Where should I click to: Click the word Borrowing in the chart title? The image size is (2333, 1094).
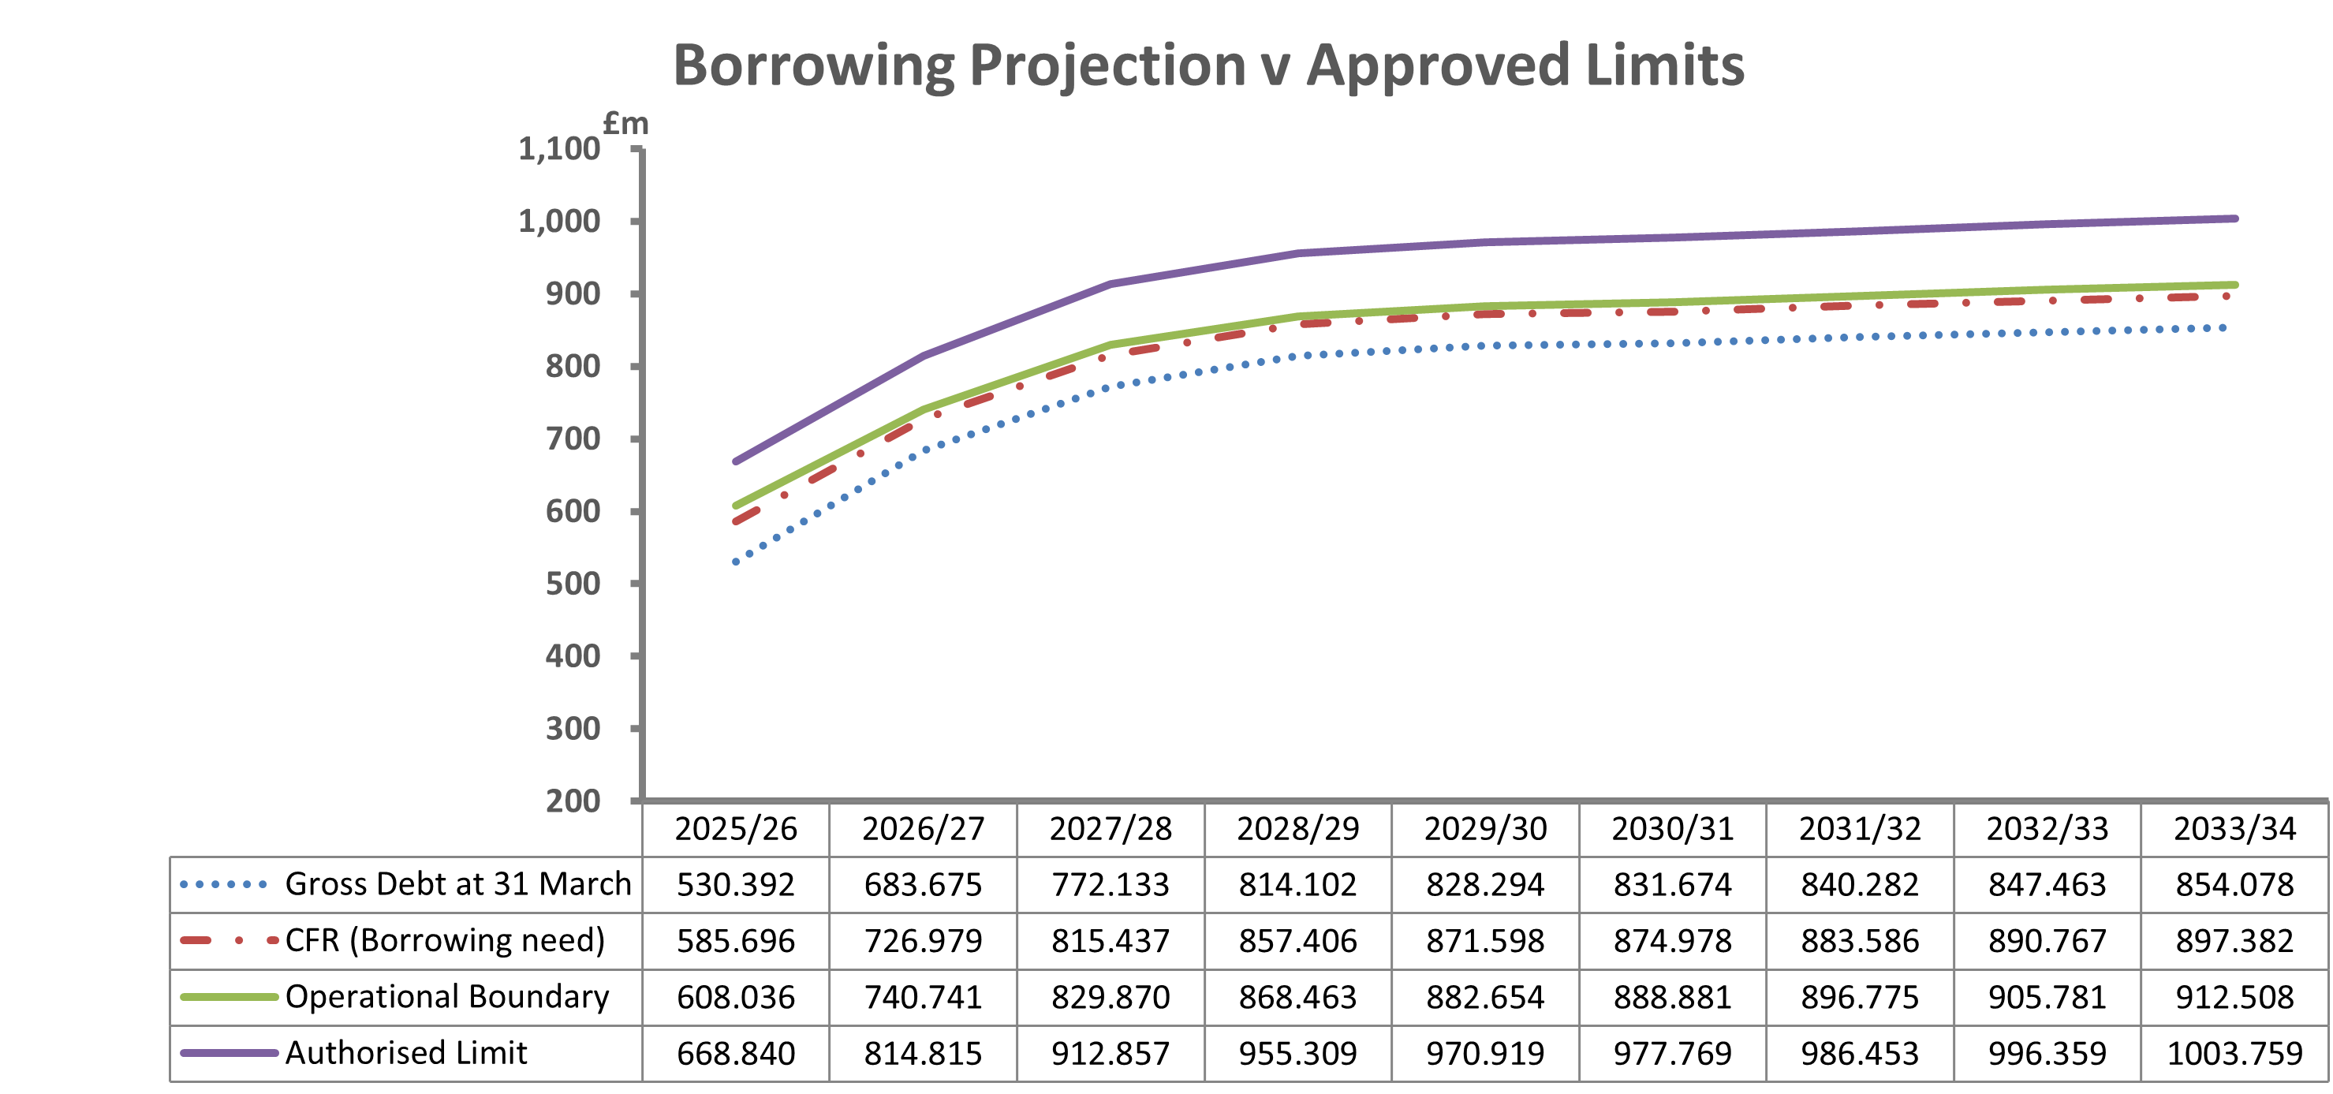coord(813,67)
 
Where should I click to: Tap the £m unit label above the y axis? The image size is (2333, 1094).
coord(625,123)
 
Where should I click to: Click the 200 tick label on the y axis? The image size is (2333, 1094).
coord(573,801)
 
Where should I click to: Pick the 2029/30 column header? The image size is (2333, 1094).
coord(1485,829)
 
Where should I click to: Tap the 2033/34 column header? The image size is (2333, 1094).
coord(2234,829)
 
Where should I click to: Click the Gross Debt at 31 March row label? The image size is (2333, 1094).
coord(457,884)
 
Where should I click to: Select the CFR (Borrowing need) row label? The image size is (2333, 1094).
coord(445,940)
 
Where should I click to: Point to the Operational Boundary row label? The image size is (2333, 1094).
coord(446,996)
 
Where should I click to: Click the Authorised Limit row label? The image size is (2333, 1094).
coord(405,1052)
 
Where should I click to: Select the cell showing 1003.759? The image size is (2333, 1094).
coord(2234,1053)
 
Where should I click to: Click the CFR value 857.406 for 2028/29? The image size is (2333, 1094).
coord(1298,941)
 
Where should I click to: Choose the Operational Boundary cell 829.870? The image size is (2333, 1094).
coord(1111,997)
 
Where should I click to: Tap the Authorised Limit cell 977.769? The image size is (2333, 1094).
coord(1672,1053)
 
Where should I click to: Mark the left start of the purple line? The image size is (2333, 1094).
coord(735,462)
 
